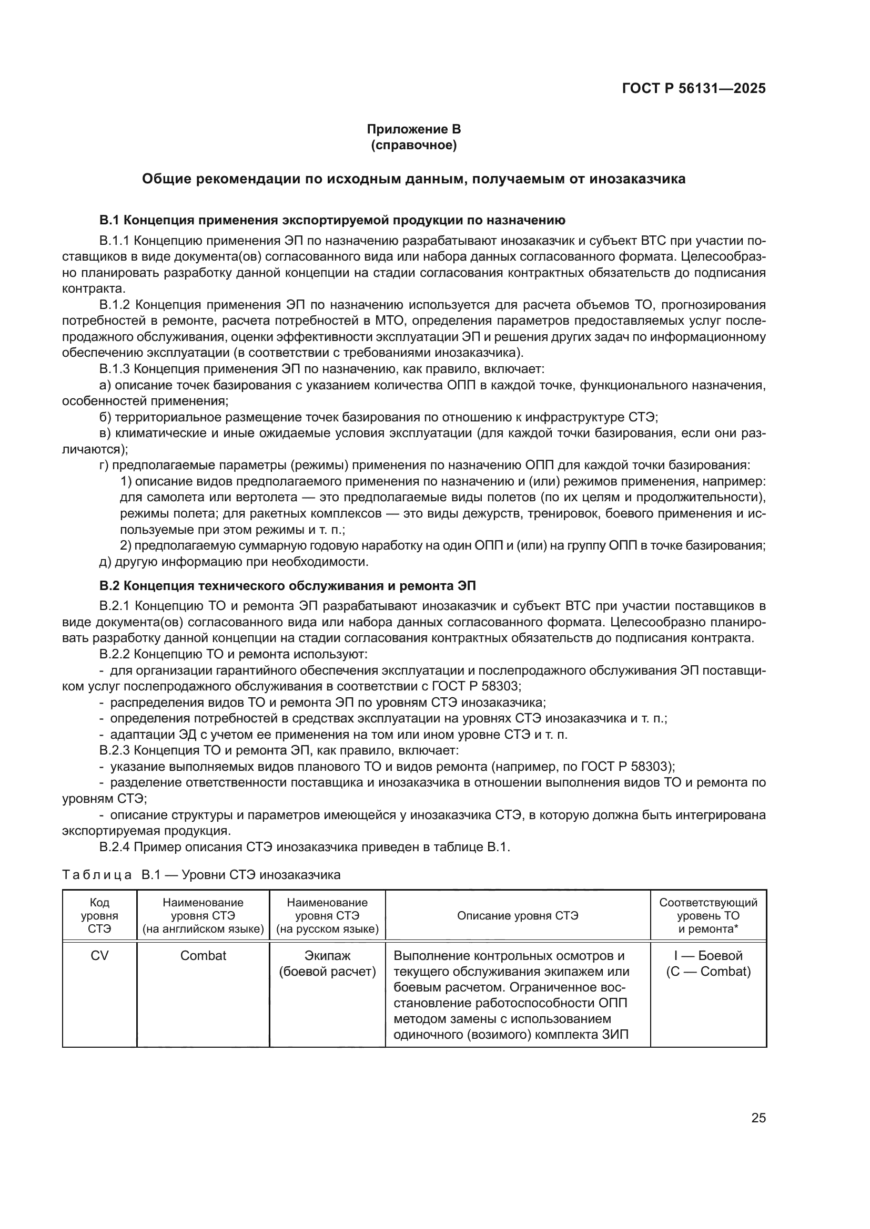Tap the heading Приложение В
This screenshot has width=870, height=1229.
click(413, 129)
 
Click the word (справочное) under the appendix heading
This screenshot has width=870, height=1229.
click(413, 145)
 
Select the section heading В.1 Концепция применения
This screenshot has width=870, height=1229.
click(332, 220)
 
